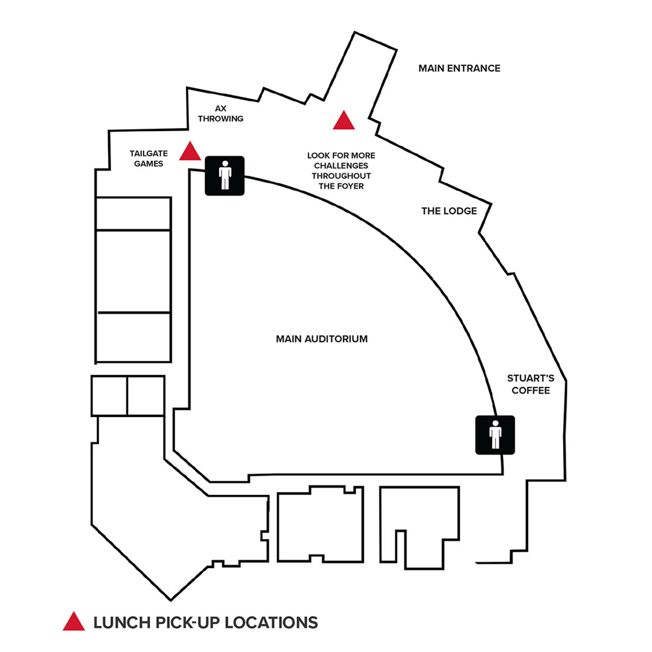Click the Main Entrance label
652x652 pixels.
(x=459, y=68)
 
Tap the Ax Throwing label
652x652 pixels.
(x=220, y=113)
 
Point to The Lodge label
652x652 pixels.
(x=449, y=211)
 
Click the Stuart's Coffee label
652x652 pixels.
(x=531, y=384)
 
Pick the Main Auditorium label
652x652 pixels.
(x=322, y=339)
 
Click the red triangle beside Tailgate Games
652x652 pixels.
(x=190, y=152)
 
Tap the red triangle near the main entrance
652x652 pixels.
(x=344, y=121)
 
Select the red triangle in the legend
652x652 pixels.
(x=74, y=622)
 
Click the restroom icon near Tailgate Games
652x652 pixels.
(x=225, y=176)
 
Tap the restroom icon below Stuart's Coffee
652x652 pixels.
(x=496, y=435)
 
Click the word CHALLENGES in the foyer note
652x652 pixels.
(x=341, y=165)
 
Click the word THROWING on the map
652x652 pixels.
(x=220, y=118)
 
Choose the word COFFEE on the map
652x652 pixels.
(x=531, y=390)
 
